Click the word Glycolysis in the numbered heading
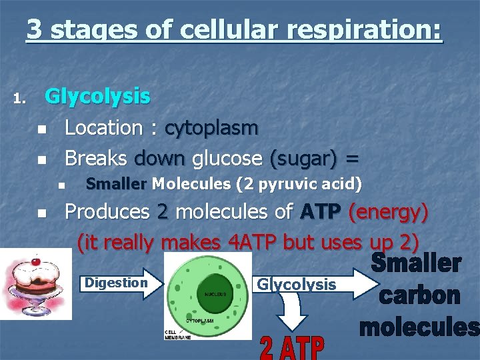pyautogui.click(x=97, y=97)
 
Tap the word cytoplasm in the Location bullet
pyautogui.click(x=211, y=128)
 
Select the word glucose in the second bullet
pyautogui.click(x=227, y=159)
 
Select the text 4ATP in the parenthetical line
pyautogui.click(x=253, y=242)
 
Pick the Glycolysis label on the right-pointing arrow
pyautogui.click(x=297, y=285)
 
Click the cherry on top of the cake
pyautogui.click(x=35, y=260)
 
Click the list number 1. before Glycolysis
pyautogui.click(x=19, y=100)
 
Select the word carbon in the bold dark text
pyautogui.click(x=419, y=295)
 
